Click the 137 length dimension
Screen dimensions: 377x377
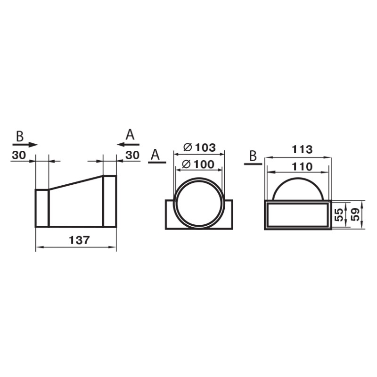coord(79,240)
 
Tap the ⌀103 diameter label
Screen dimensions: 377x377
coord(199,148)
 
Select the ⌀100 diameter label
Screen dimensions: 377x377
coord(198,164)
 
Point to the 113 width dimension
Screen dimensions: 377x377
coord(302,149)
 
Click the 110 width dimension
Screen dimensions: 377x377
coord(302,167)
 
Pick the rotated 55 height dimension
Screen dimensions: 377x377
coord(339,215)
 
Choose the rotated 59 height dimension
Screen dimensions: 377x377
coord(355,214)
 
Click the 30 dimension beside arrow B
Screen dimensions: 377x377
coord(19,155)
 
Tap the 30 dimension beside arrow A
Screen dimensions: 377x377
coord(132,155)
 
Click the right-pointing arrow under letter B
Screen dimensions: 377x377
coord(25,145)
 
